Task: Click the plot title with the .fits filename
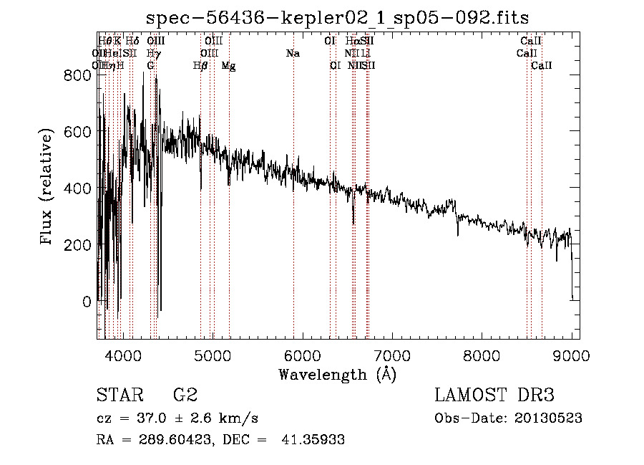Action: tap(337, 18)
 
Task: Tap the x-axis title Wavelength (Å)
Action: tap(337, 374)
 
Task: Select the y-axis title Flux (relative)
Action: tap(47, 188)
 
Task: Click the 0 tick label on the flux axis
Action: tap(87, 302)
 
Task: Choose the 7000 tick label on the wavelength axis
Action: tap(392, 355)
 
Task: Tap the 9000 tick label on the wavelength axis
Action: tap(572, 355)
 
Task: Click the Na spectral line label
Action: tap(293, 54)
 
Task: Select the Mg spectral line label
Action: tap(229, 66)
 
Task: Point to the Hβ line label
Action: tap(200, 66)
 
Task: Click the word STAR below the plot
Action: tap(119, 396)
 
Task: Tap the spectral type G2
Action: tap(185, 396)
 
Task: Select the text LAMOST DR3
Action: tap(494, 396)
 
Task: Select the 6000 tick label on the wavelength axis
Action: tap(302, 355)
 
